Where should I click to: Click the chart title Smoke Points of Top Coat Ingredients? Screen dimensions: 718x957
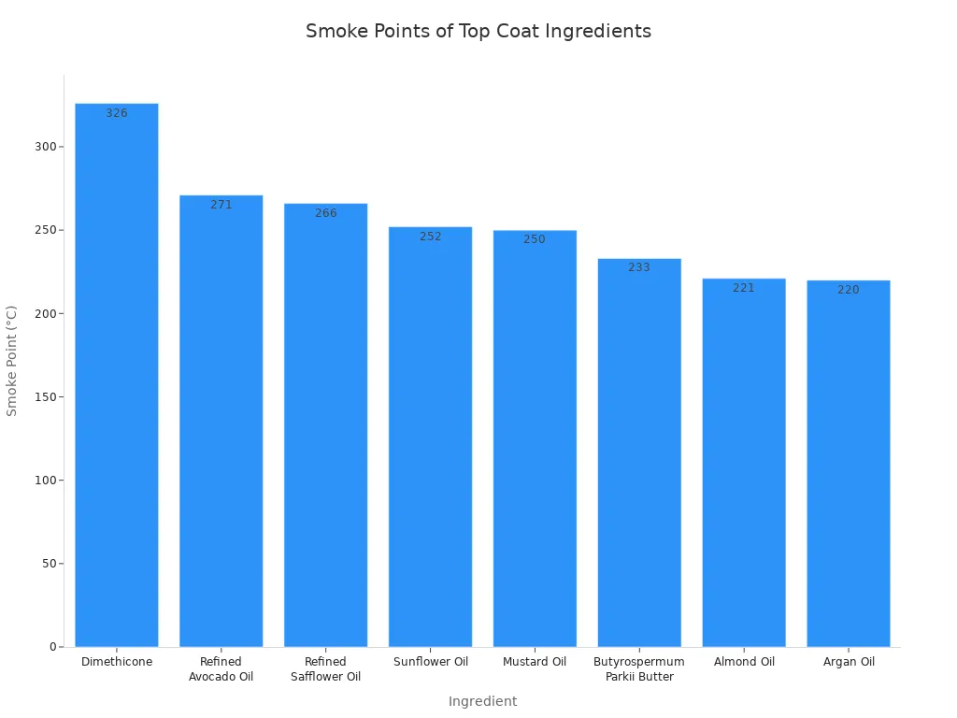point(478,31)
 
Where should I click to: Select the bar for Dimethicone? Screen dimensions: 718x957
point(117,374)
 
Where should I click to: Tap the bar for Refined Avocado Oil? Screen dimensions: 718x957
point(221,421)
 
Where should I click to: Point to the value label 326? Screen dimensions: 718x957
point(117,113)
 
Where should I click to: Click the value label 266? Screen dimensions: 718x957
point(326,213)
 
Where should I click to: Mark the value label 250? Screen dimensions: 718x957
point(535,239)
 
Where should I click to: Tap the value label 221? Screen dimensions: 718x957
point(744,288)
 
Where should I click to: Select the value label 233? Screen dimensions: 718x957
point(639,267)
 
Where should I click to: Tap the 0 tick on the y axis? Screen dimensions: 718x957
point(52,647)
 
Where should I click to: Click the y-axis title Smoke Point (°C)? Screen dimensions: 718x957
point(12,360)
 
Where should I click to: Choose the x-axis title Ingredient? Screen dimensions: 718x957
point(482,701)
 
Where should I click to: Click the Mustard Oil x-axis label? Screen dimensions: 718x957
point(535,662)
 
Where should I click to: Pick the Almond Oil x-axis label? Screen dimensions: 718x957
point(744,662)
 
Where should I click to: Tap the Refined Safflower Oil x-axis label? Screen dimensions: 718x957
point(326,669)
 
